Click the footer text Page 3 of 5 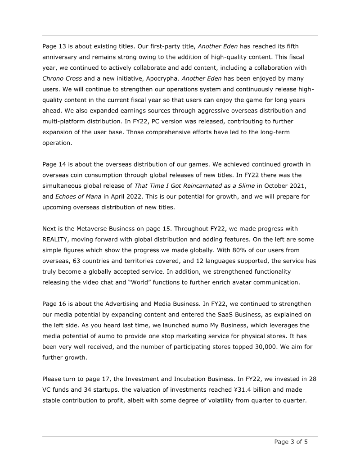coord(291,442)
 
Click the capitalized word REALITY coord(58,240)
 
